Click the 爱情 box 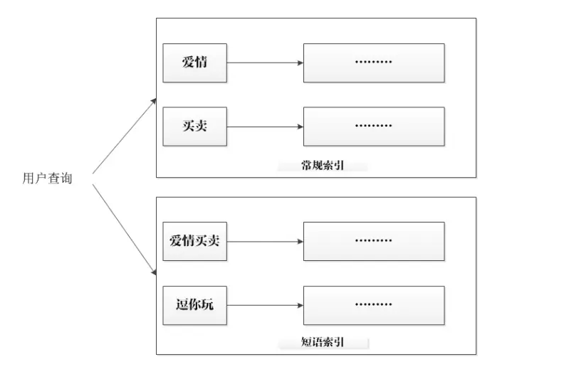[x=194, y=62]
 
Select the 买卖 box [x=194, y=127]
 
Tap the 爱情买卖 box [x=194, y=241]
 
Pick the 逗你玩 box [x=194, y=306]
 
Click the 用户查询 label [x=47, y=177]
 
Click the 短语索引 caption [x=323, y=343]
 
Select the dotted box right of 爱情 [x=374, y=63]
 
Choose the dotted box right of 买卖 [x=374, y=127]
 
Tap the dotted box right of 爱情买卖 [x=374, y=241]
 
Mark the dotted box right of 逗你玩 [x=374, y=306]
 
